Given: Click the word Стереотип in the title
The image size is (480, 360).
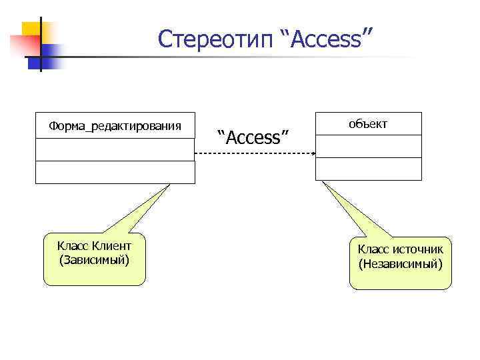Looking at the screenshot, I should (215, 39).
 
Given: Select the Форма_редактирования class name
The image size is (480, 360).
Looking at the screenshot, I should (115, 125).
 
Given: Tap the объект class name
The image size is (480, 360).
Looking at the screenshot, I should (368, 124).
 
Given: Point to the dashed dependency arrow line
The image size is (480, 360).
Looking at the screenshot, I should (253, 154).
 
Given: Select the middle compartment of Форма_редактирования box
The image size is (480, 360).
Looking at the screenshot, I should (115, 149).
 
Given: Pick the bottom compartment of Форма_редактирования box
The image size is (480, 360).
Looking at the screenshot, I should (115, 172).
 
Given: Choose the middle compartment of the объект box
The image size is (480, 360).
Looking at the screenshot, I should (368, 146).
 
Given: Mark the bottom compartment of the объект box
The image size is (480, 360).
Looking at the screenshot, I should (368, 169).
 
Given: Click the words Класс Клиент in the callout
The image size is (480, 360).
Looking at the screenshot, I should (94, 246).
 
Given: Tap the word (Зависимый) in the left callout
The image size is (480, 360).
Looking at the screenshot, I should (94, 259).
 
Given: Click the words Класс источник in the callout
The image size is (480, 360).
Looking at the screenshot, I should (400, 249).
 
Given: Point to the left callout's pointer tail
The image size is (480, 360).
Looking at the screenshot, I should (143, 210).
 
